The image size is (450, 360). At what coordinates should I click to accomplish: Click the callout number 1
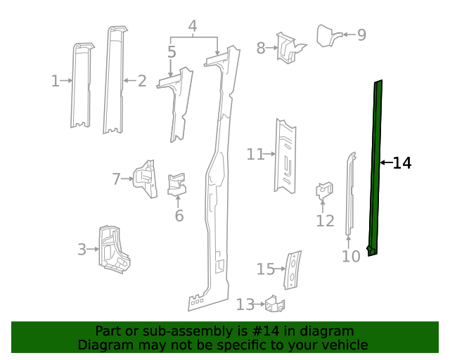click(x=55, y=82)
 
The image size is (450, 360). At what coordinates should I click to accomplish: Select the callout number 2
click(x=142, y=82)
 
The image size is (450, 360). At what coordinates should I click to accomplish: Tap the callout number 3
click(x=82, y=249)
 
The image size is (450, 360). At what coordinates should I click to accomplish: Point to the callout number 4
click(x=193, y=27)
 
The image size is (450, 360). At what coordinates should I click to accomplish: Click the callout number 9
click(x=361, y=34)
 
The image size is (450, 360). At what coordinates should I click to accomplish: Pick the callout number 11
click(x=255, y=154)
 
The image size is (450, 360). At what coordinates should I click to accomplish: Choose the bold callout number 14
click(x=401, y=163)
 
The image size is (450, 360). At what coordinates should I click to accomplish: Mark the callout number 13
click(x=245, y=304)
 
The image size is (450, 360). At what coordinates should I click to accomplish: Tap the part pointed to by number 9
click(x=327, y=34)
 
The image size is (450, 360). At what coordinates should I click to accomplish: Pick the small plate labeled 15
click(x=292, y=269)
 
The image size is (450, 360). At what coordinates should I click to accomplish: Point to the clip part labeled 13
click(x=275, y=304)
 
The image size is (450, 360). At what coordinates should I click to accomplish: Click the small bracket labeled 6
click(x=176, y=184)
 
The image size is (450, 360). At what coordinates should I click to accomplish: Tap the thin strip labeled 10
click(x=349, y=193)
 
